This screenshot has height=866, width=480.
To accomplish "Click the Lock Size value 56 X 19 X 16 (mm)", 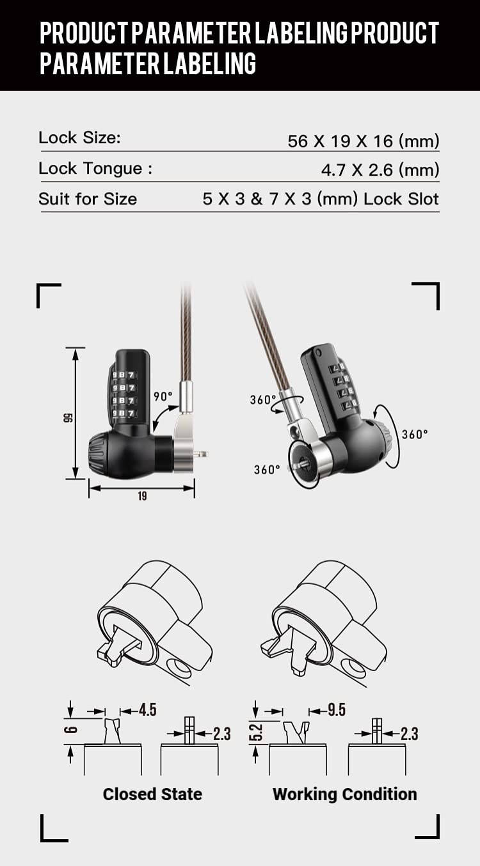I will (364, 141).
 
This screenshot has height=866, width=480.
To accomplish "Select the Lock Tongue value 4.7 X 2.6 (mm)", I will (380, 170).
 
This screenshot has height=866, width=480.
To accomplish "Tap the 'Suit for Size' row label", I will (88, 199).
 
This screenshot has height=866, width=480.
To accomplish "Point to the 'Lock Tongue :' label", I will (95, 169).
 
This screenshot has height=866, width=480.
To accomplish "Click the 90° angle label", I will (163, 396).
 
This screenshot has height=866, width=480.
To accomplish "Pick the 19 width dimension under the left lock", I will (141, 496).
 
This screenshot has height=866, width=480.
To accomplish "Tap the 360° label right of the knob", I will (414, 435).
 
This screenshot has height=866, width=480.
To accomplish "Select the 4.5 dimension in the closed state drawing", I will (147, 710).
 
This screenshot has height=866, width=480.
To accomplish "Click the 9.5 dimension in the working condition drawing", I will (336, 710).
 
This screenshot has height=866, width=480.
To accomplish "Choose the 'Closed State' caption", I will (152, 794).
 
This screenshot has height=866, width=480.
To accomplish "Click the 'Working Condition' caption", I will (344, 794).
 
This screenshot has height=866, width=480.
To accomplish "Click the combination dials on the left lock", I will (123, 394).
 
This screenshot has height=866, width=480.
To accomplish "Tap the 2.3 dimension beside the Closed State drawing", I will (221, 734).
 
